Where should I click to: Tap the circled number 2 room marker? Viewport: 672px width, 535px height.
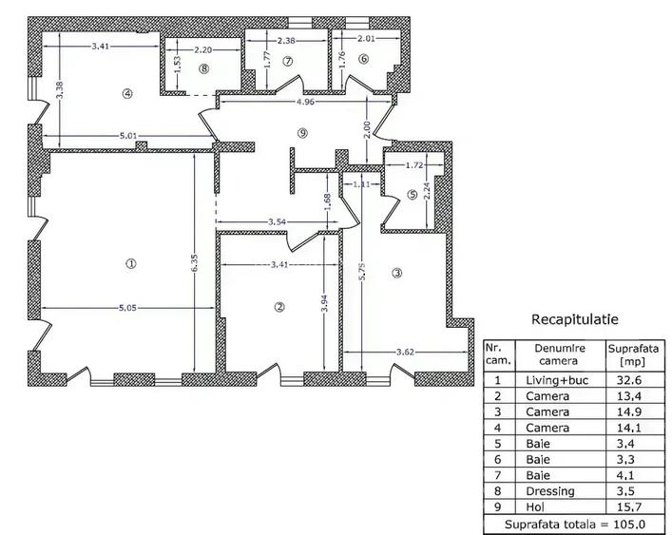coord(279,306)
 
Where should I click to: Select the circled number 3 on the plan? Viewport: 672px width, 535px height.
coord(397,274)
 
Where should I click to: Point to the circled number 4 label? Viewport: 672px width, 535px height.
coord(126,92)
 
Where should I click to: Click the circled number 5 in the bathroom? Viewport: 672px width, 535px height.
coord(412,195)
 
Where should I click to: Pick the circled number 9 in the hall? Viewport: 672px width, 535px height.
coord(302,132)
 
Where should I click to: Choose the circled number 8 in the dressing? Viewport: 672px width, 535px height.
coord(203,68)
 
